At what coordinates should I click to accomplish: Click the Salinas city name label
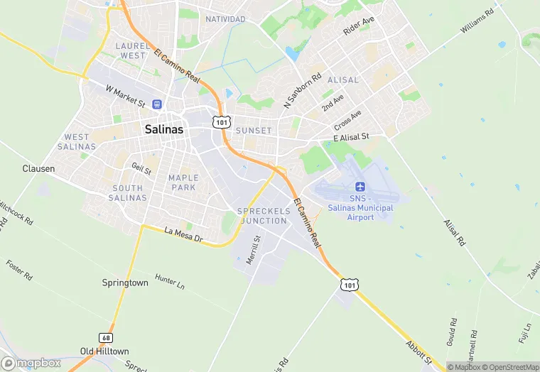[x=164, y=129]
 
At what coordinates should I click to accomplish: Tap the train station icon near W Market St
[x=156, y=104]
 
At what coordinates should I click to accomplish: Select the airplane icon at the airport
[x=360, y=187]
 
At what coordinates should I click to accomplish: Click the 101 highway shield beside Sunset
[x=220, y=123]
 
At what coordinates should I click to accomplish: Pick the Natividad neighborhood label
[x=225, y=18]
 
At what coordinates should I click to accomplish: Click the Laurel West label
[x=132, y=50]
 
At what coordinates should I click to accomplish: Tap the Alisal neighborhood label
[x=344, y=80]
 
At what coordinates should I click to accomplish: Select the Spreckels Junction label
[x=263, y=216]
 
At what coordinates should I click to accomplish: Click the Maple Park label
[x=182, y=182]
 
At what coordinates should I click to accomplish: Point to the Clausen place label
[x=38, y=169]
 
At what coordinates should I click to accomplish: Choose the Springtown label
[x=125, y=283]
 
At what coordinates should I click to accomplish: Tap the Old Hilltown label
[x=104, y=351]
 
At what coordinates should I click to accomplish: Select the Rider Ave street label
[x=358, y=27]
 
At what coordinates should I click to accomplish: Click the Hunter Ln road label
[x=170, y=282]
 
